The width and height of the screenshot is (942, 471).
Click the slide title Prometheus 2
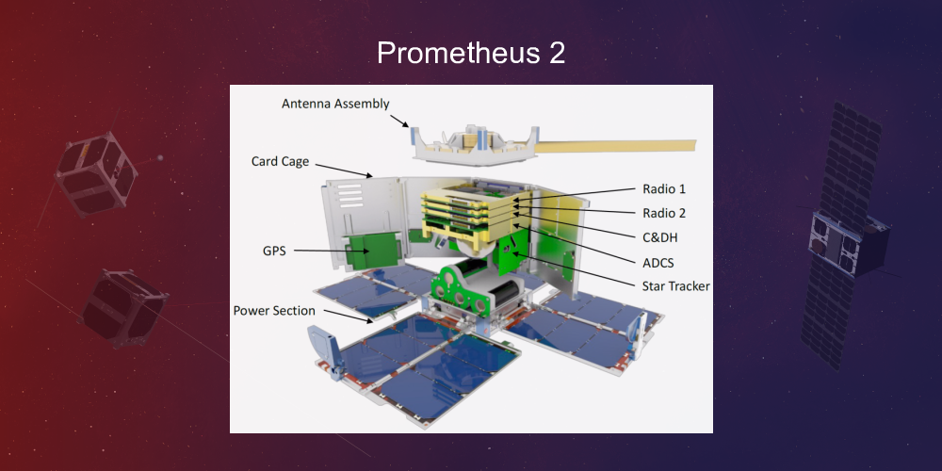tap(471, 53)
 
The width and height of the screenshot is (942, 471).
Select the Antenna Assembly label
tap(334, 104)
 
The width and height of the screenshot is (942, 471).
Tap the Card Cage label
tap(280, 161)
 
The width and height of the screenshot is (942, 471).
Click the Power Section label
tap(274, 310)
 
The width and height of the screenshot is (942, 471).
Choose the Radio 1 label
tap(663, 189)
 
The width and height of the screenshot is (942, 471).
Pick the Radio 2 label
tap(663, 213)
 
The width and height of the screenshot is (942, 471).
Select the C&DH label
tap(659, 237)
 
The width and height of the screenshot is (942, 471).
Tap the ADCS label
tap(658, 262)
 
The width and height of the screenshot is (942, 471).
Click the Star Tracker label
tap(675, 285)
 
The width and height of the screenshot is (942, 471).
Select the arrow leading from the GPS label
tap(320, 251)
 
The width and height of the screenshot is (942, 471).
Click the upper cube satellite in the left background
tap(96, 174)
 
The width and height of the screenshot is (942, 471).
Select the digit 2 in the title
tap(556, 53)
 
